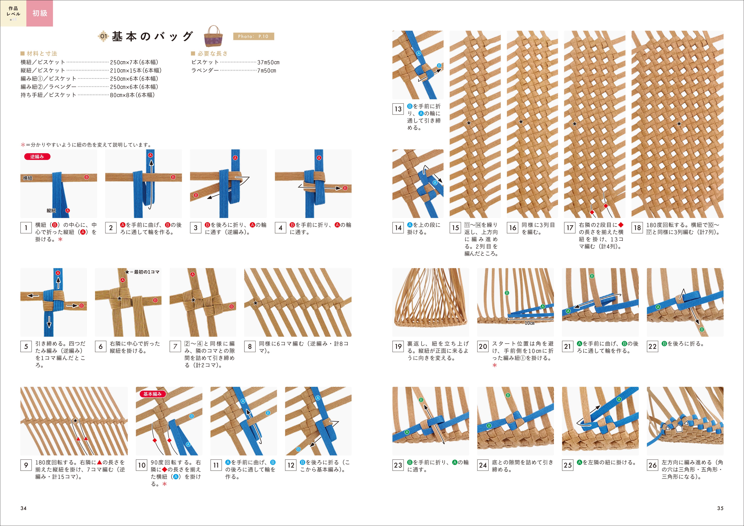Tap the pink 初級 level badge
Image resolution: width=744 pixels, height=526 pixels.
point(39,13)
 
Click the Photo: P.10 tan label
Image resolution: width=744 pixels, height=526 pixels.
point(253,36)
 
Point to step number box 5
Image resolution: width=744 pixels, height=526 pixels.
point(26,346)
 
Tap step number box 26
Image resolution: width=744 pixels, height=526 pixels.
point(652,465)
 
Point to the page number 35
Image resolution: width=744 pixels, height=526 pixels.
point(720,508)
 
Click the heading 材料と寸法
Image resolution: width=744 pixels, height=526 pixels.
point(41,53)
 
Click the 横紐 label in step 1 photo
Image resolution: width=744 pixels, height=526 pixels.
point(28,178)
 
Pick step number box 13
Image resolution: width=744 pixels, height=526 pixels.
point(398,109)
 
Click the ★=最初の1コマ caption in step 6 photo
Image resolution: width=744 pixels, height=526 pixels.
point(143,272)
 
